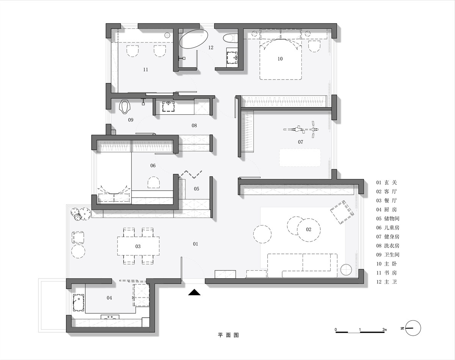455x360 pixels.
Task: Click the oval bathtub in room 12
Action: point(193,39)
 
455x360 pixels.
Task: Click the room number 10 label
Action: point(280,59)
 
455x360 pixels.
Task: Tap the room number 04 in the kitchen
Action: point(109,298)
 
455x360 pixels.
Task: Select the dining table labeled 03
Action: point(138,246)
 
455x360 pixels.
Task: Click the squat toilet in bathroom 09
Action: point(124,107)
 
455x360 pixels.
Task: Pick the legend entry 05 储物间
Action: point(388,219)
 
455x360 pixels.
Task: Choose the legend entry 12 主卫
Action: point(386,282)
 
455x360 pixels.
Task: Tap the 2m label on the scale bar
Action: point(384,329)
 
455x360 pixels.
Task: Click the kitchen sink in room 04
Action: point(78,302)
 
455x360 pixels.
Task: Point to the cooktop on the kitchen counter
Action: point(110,317)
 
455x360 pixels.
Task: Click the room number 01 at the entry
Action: point(196,244)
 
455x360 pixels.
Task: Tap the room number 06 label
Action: point(153,166)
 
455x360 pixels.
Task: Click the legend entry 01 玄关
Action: point(386,182)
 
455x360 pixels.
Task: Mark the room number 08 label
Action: point(194,125)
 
